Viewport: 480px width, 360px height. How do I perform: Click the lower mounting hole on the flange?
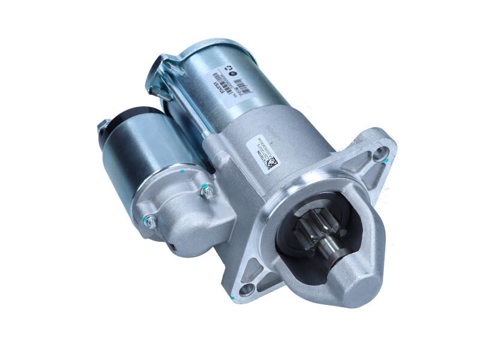[245, 291]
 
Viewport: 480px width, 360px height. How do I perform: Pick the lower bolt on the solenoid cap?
[150, 222]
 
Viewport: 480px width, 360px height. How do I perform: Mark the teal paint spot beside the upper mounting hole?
[387, 160]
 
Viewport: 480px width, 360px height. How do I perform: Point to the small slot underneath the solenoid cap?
[172, 247]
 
